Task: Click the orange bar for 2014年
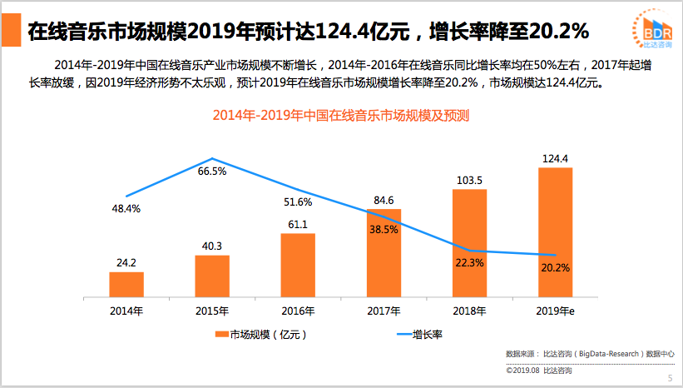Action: (x=126, y=284)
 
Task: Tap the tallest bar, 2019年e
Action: (x=555, y=232)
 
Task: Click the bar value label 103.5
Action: (x=469, y=179)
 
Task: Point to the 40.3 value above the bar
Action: (x=212, y=246)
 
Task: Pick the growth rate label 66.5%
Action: (x=212, y=172)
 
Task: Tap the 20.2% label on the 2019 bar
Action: (x=555, y=267)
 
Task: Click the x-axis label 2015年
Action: (x=212, y=311)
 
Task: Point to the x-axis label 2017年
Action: (x=384, y=311)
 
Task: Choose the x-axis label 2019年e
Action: (x=557, y=311)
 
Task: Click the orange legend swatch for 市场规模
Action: (x=222, y=335)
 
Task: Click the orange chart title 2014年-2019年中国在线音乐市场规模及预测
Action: (x=341, y=116)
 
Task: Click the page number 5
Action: (x=670, y=378)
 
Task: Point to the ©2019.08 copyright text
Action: (x=538, y=370)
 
